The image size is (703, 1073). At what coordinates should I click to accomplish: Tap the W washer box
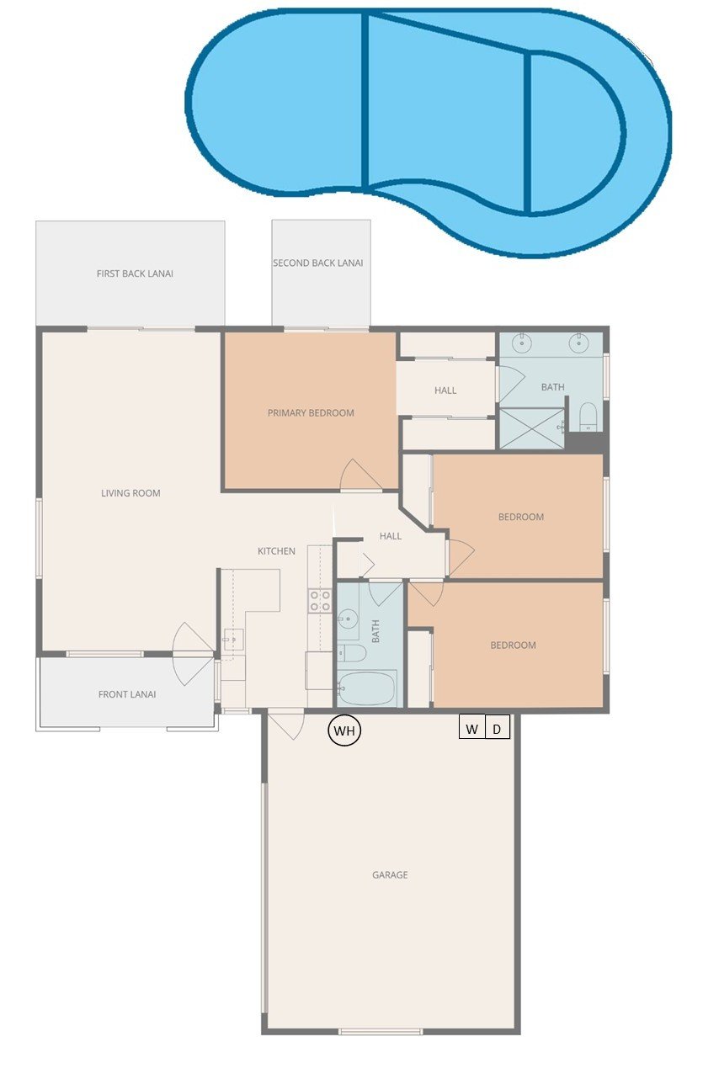[x=472, y=726]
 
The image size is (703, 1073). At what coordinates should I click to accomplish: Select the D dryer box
[x=498, y=726]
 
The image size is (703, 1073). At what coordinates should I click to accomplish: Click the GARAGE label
[x=390, y=874]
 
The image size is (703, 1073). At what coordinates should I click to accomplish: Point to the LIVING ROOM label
[x=130, y=493]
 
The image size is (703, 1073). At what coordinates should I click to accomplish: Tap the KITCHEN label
[x=276, y=551]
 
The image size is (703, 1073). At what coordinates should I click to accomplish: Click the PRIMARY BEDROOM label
[x=311, y=412]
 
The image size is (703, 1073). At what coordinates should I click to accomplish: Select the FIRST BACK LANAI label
[x=135, y=274]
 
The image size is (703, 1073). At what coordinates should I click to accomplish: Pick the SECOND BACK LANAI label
[x=317, y=263]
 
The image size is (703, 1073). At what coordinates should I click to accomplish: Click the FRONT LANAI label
[x=127, y=694]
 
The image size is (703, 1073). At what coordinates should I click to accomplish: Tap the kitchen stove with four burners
[x=320, y=601]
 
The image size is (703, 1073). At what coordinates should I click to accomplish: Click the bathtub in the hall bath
[x=366, y=688]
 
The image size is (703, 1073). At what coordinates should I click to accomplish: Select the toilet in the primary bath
[x=588, y=417]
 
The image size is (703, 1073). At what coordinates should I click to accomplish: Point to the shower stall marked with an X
[x=532, y=428]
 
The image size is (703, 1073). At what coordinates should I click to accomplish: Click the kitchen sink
[x=233, y=640]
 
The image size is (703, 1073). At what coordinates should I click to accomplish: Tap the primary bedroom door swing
[x=360, y=475]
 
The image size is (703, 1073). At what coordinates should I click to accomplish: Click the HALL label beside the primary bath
[x=445, y=390]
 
